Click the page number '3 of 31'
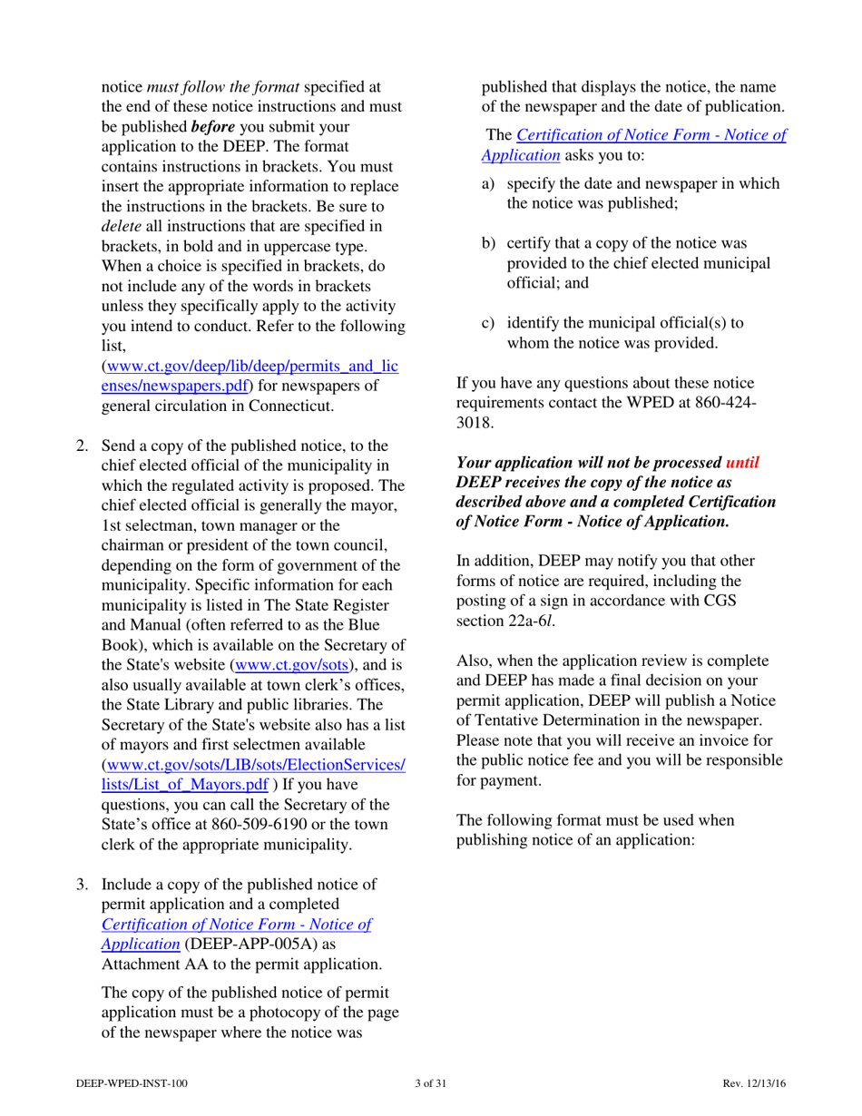430,1083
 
